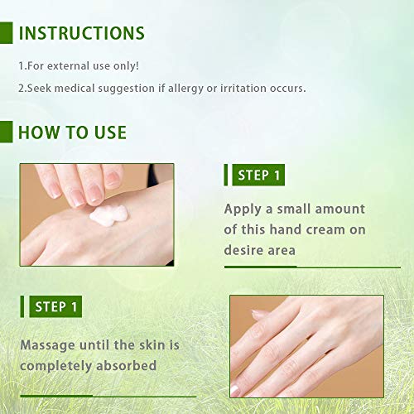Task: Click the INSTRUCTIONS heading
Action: [81, 34]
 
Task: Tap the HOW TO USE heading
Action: [72, 132]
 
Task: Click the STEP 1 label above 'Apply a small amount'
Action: [259, 175]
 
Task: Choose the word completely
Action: [59, 364]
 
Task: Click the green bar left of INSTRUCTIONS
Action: [5, 33]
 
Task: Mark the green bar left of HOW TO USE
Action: [5, 132]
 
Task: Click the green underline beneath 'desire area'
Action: [260, 267]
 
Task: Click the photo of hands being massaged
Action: [306, 345]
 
